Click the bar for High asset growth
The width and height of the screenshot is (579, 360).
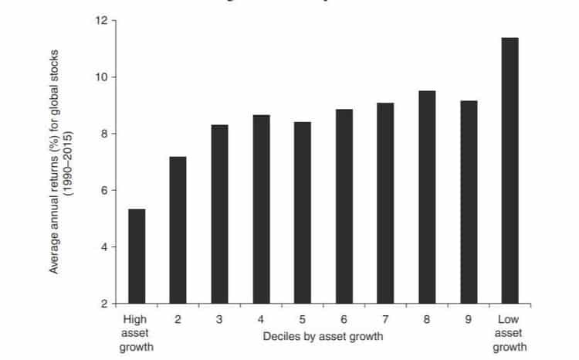tap(136, 256)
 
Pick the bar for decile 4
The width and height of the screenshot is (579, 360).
tap(261, 209)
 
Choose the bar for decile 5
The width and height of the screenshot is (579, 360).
tap(303, 212)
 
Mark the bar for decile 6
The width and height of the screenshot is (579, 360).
tap(344, 206)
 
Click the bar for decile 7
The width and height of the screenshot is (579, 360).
tap(385, 203)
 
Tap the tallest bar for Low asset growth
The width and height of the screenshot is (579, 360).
tap(510, 170)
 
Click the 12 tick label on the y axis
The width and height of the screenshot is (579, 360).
tap(100, 20)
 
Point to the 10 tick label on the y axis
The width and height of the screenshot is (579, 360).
tap(100, 77)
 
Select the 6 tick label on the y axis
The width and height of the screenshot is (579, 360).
tap(103, 190)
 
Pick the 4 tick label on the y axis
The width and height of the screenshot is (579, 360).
tap(103, 247)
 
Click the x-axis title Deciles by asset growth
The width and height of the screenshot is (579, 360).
tap(323, 337)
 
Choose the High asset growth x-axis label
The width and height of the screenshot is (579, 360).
tap(136, 333)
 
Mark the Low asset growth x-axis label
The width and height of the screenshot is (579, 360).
tap(510, 333)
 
